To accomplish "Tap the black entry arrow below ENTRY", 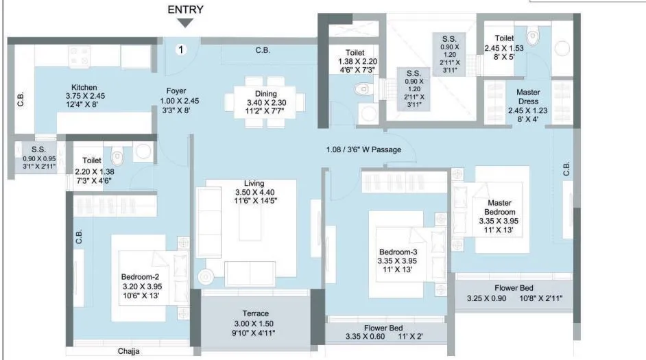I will (185, 23).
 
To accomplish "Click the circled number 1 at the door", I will (180, 49).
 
